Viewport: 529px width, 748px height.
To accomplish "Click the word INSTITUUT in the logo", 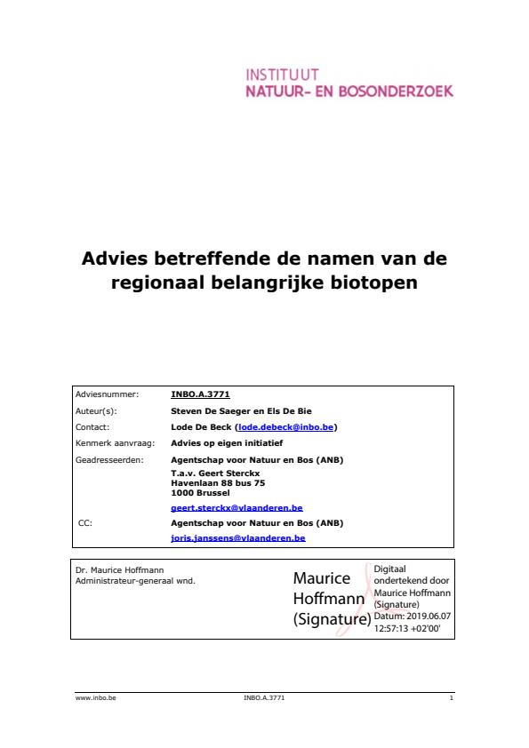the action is pyautogui.click(x=281, y=75).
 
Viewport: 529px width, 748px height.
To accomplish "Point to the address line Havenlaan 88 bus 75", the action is pyautogui.click(x=218, y=483).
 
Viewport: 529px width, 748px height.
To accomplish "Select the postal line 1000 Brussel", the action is pyautogui.click(x=200, y=492).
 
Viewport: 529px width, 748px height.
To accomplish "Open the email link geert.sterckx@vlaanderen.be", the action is pyautogui.click(x=236, y=508).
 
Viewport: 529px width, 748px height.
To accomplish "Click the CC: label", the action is pyautogui.click(x=85, y=523).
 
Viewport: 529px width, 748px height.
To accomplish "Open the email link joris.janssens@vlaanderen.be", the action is pyautogui.click(x=237, y=538).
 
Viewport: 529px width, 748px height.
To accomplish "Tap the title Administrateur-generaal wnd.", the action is pyautogui.click(x=135, y=580).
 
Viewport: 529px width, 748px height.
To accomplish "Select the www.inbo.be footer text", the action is pyautogui.click(x=96, y=698).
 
